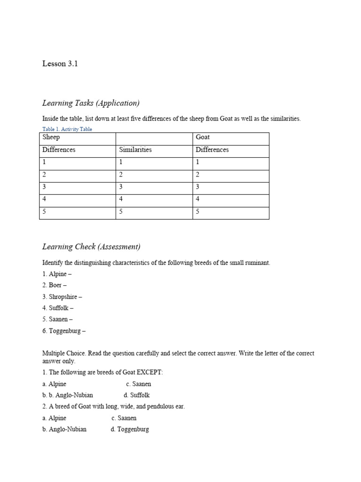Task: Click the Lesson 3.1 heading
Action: (60, 64)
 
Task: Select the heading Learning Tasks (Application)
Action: (91, 103)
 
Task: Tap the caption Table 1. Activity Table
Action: (67, 129)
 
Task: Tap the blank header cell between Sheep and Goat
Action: (154, 138)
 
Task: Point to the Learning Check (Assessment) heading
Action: (91, 247)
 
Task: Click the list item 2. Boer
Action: (55, 285)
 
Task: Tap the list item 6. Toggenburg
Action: (64, 331)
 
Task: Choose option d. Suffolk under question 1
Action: (137, 395)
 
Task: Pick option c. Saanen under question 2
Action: (124, 418)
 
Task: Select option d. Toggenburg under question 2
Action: (130, 429)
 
